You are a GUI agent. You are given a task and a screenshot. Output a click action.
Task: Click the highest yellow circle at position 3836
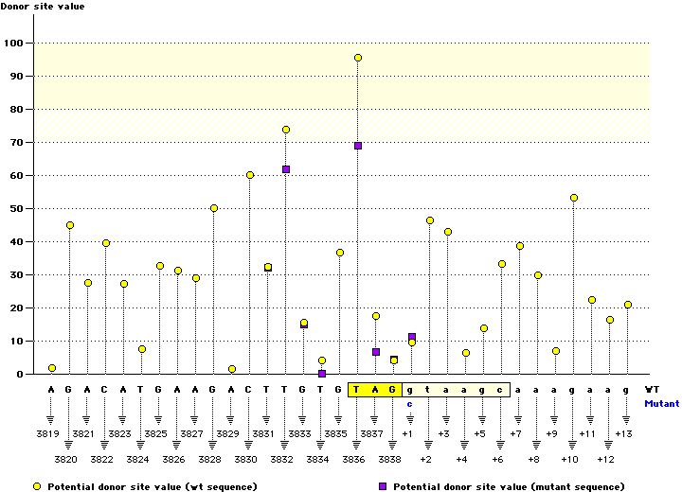[358, 58]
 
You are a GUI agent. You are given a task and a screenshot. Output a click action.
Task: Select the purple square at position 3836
[358, 146]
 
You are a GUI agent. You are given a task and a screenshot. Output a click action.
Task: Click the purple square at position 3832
[286, 169]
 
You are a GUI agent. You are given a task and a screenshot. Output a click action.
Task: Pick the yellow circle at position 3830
[250, 175]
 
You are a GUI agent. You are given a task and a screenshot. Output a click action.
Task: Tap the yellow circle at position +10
[574, 198]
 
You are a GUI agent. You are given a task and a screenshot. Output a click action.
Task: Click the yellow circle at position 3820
[70, 225]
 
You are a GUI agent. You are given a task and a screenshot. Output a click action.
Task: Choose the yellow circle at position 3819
[52, 368]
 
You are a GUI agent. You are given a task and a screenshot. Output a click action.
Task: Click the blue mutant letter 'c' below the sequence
[410, 404]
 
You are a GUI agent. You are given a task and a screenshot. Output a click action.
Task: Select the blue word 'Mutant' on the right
[661, 403]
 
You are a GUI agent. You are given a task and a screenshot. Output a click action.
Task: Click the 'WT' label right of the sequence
[652, 389]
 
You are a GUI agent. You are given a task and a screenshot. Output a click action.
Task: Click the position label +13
[623, 433]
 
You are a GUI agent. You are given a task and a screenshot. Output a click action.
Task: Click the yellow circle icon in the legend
[38, 485]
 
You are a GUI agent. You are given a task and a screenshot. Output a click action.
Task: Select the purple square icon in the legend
[382, 485]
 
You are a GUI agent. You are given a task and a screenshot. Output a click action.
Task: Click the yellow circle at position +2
[430, 220]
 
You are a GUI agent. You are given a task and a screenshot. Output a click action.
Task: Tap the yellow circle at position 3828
[214, 208]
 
